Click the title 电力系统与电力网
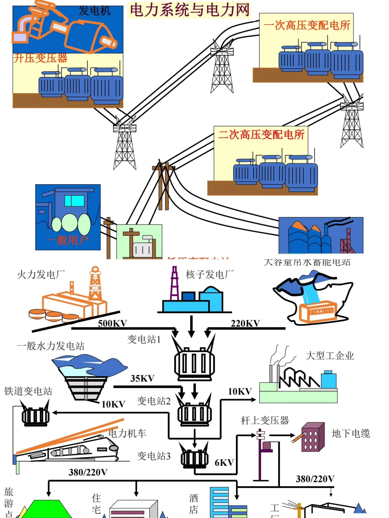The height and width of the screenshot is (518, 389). (x=189, y=10)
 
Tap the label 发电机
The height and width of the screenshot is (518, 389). (x=95, y=11)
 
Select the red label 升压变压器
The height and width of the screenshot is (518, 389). (x=40, y=58)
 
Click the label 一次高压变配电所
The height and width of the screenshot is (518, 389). (x=307, y=25)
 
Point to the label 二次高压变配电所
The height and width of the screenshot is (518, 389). (x=261, y=135)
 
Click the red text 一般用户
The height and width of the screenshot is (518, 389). (x=67, y=240)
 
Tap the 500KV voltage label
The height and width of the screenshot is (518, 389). (x=112, y=323)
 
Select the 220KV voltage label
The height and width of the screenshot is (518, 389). (x=245, y=323)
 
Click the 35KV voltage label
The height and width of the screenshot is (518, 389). (x=142, y=378)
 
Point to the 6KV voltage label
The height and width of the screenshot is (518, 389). (x=224, y=463)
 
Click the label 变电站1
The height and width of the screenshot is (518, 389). (x=144, y=339)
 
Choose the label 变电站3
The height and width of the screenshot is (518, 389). (x=153, y=456)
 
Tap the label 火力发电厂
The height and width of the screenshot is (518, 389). (x=41, y=275)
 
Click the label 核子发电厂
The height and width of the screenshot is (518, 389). (x=210, y=275)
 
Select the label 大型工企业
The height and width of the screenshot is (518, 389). (x=330, y=356)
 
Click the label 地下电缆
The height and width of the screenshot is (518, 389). (x=350, y=433)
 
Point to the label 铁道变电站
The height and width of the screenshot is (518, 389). (x=28, y=391)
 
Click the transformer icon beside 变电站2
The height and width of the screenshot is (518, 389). (x=194, y=412)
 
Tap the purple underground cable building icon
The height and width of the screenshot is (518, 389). (x=313, y=437)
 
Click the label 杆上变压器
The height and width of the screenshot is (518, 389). (x=265, y=420)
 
